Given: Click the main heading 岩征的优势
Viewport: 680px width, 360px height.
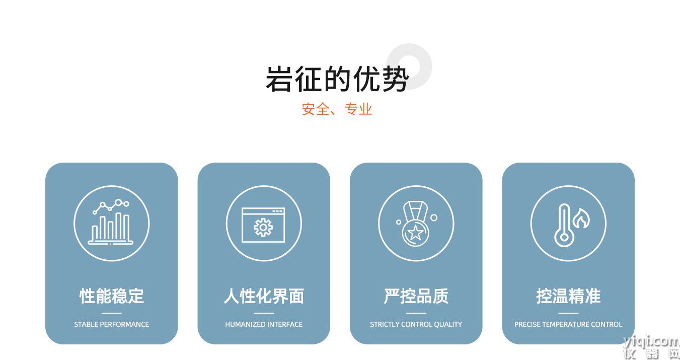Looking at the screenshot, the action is (x=337, y=79).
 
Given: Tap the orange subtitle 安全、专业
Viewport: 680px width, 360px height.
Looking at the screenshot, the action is (x=337, y=109).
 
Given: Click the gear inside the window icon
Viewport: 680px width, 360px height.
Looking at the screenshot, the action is (x=263, y=227).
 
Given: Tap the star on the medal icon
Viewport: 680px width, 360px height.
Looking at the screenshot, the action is (x=415, y=233).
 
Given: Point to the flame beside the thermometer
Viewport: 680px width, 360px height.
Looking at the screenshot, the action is (x=581, y=219).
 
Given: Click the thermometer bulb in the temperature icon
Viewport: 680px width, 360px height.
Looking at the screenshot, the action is (x=564, y=237).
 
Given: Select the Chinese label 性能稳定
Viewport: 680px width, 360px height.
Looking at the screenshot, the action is (x=111, y=296).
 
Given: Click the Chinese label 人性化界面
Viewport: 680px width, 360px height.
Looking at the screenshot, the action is (x=264, y=296).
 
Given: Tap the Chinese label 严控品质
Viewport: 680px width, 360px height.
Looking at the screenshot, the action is (x=416, y=296).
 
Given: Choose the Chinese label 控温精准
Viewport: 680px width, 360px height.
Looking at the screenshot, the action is (x=568, y=296).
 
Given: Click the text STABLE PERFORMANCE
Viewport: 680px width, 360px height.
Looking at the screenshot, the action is (x=111, y=324).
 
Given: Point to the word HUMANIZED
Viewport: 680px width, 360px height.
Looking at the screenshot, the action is (x=245, y=324).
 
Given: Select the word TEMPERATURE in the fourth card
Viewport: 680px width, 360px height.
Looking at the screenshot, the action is (x=565, y=324).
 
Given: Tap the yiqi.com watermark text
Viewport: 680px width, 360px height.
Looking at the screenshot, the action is (x=651, y=342).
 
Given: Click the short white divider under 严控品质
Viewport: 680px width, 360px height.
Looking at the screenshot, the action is (x=416, y=313).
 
